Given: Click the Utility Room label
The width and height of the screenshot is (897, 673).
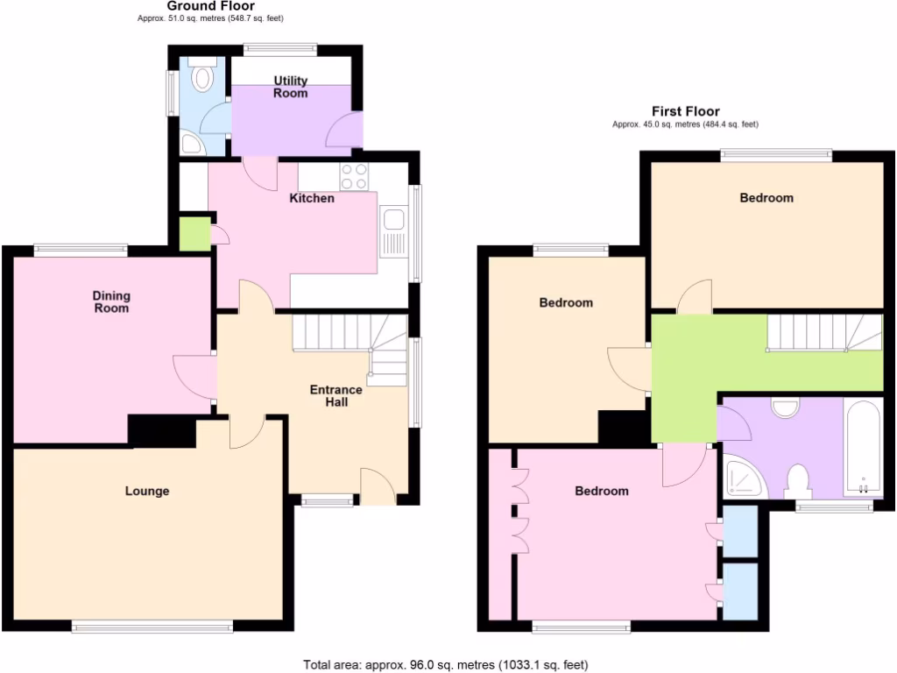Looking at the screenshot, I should coord(291,87).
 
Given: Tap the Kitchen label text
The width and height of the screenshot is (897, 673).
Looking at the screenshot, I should coord(312,198).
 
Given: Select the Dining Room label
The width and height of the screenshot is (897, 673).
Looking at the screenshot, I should coord(111,302).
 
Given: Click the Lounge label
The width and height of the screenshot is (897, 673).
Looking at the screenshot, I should coord(146,491).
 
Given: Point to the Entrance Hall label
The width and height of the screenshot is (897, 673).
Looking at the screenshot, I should coord(335,395).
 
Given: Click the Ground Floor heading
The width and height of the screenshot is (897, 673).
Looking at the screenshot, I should coord(210,6).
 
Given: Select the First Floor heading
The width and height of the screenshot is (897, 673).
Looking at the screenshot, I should coord(685,111).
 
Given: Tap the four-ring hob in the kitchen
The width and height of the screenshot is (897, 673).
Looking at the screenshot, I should coord(354,176).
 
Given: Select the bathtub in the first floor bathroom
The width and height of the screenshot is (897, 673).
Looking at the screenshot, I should coord(863,449).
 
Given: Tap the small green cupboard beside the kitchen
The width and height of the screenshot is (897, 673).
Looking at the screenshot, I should coord(194,234).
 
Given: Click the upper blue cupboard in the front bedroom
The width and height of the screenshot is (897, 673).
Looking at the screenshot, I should coord(740,531).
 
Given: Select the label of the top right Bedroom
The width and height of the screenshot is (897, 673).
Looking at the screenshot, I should coord(766,198).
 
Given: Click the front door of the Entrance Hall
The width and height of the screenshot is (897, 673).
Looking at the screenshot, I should coord(378,487).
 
